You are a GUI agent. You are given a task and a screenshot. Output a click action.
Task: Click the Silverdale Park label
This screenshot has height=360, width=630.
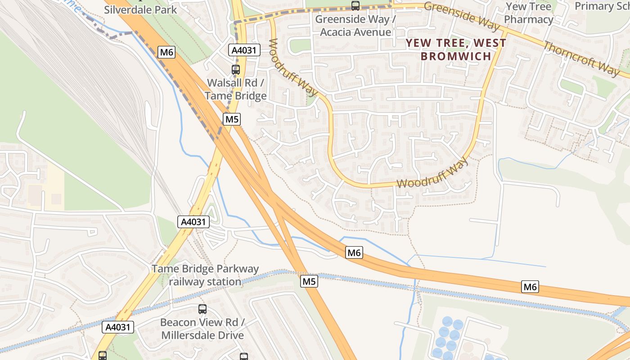pyautogui.click(x=140, y=9)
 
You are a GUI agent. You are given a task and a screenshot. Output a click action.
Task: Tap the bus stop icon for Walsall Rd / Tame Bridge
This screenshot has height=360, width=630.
pyautogui.click(x=236, y=70)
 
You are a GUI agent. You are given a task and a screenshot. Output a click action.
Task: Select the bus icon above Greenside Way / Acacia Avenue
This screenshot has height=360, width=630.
pyautogui.click(x=355, y=6)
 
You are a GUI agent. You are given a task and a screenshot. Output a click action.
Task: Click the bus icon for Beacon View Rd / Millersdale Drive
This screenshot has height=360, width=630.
pyautogui.click(x=202, y=309)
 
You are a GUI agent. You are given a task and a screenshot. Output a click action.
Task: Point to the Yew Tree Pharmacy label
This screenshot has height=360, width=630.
pyautogui.click(x=528, y=13)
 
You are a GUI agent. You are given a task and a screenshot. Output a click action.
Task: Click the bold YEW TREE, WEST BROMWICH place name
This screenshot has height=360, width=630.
pyautogui.click(x=455, y=49)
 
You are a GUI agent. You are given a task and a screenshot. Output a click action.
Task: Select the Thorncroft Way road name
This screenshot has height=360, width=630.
pyautogui.click(x=581, y=58)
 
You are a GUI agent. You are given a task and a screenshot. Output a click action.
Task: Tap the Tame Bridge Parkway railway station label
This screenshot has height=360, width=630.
pyautogui.click(x=205, y=275)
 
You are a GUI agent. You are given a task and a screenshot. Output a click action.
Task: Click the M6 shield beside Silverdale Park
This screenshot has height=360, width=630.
pyautogui.click(x=166, y=52)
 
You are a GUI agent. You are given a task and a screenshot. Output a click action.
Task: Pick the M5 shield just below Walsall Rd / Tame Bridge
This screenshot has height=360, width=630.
pyautogui.click(x=232, y=119)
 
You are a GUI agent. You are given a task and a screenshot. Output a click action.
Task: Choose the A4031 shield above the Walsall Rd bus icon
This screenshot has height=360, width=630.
pyautogui.click(x=244, y=50)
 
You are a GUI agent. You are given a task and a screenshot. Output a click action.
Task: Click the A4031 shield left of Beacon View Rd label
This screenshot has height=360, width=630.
pyautogui.click(x=118, y=327)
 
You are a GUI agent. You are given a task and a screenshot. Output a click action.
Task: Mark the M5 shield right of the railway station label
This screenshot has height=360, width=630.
pyautogui.click(x=309, y=282)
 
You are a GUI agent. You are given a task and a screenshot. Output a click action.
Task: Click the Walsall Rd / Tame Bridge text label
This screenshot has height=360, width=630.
pyautogui.click(x=236, y=90)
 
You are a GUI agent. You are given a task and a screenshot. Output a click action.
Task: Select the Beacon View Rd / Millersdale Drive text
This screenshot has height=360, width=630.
pyautogui.click(x=202, y=329)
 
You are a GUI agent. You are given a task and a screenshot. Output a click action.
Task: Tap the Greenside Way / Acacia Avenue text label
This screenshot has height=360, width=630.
pyautogui.click(x=355, y=26)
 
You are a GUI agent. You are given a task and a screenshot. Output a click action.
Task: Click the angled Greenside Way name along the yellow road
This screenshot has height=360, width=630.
pyautogui.click(x=462, y=16)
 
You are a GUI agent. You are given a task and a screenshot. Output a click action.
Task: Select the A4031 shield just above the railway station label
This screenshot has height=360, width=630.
pyautogui.click(x=193, y=221)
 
